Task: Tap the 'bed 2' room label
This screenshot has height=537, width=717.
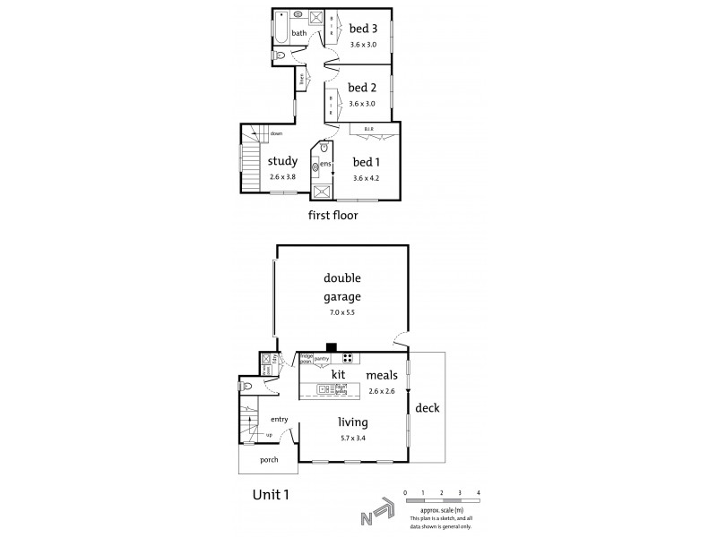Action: tap(361, 88)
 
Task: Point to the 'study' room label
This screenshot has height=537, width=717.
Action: tap(282, 161)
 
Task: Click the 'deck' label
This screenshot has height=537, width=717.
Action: tap(428, 407)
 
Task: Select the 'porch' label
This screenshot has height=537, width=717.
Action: tap(268, 459)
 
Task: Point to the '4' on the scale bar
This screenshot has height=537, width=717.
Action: tap(479, 493)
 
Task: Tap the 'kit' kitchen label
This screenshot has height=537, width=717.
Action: tap(339, 373)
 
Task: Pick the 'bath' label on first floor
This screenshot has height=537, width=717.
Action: tap(298, 34)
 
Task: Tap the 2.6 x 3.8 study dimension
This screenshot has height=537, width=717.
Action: tap(282, 176)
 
